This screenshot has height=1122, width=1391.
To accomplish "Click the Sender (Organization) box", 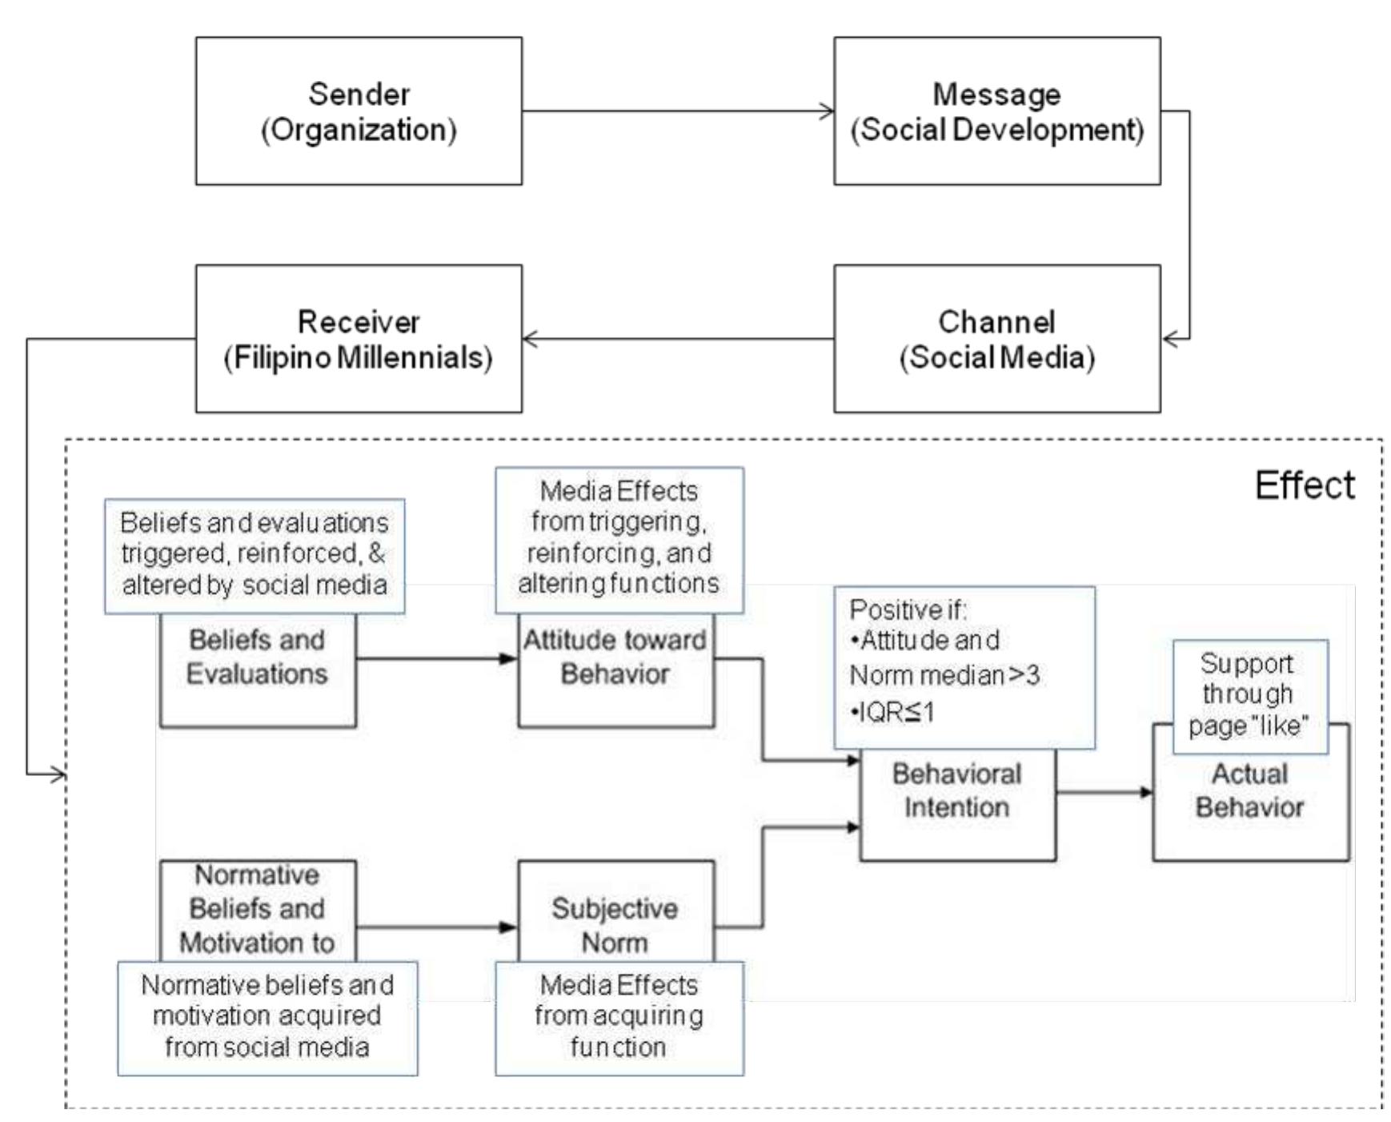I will pos(359,111).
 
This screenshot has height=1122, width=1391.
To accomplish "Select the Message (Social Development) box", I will pos(996,111).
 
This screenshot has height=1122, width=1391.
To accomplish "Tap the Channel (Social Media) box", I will pos(996,339).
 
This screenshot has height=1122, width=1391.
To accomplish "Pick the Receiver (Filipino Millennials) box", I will pos(359,339).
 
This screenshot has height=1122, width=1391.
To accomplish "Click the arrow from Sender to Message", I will pos(677,111).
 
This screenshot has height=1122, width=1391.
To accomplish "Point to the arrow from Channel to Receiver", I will pos(677,339).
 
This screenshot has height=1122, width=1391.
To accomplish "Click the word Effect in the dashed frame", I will pos(1304,485).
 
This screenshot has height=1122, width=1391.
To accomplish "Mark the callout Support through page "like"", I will pos(1249,695).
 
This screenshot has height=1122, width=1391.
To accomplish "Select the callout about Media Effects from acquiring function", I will pos(619,1016).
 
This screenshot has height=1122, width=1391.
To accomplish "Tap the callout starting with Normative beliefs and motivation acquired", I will pos(267,1016).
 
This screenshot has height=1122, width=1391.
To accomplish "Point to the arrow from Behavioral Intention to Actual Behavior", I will pos(1104,792).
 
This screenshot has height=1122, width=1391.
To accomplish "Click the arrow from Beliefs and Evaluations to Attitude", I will pos(436,658).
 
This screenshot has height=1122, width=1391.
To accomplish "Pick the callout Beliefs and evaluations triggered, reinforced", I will pos(255,554).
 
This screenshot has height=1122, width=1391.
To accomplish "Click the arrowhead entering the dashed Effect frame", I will pos(56,774).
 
